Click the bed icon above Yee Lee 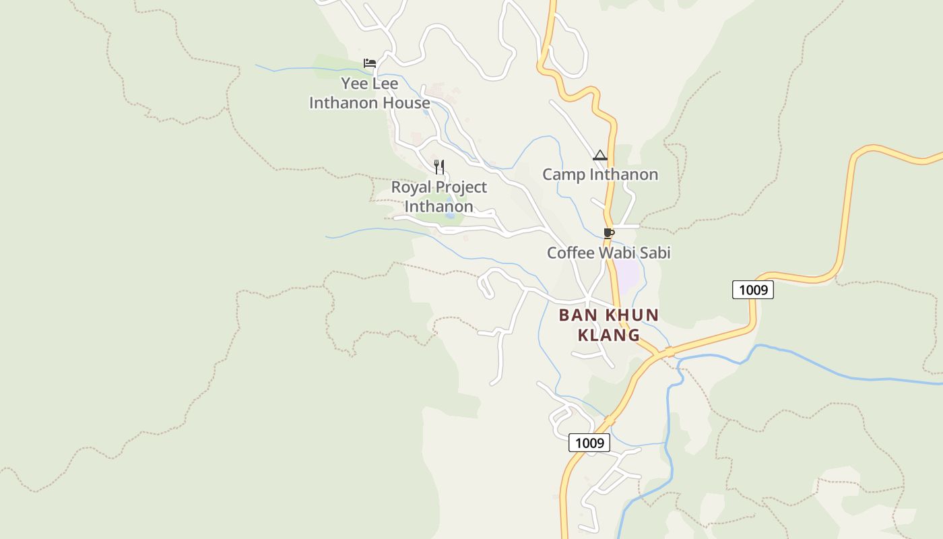click(370, 63)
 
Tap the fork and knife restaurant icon click(439, 166)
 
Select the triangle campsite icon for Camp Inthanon click(600, 156)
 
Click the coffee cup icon click(609, 233)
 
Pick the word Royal click(411, 187)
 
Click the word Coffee click(570, 253)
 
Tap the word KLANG click(609, 335)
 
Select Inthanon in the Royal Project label click(438, 206)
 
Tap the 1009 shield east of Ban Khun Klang click(753, 290)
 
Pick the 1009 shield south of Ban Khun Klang click(589, 443)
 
